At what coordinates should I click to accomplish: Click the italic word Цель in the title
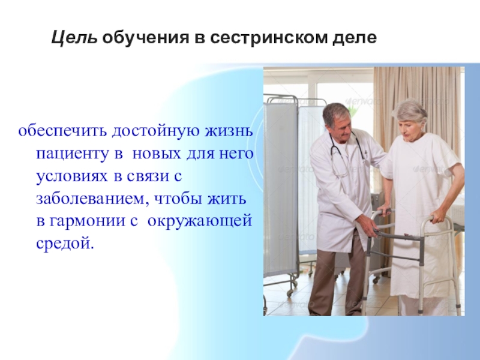74,38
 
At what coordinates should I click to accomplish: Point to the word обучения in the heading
146,38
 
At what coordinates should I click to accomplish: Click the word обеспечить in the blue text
63,131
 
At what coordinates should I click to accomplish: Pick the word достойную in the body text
156,131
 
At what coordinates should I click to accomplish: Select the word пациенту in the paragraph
73,154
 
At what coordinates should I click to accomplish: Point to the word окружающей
200,221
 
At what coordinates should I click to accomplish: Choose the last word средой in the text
65,244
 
